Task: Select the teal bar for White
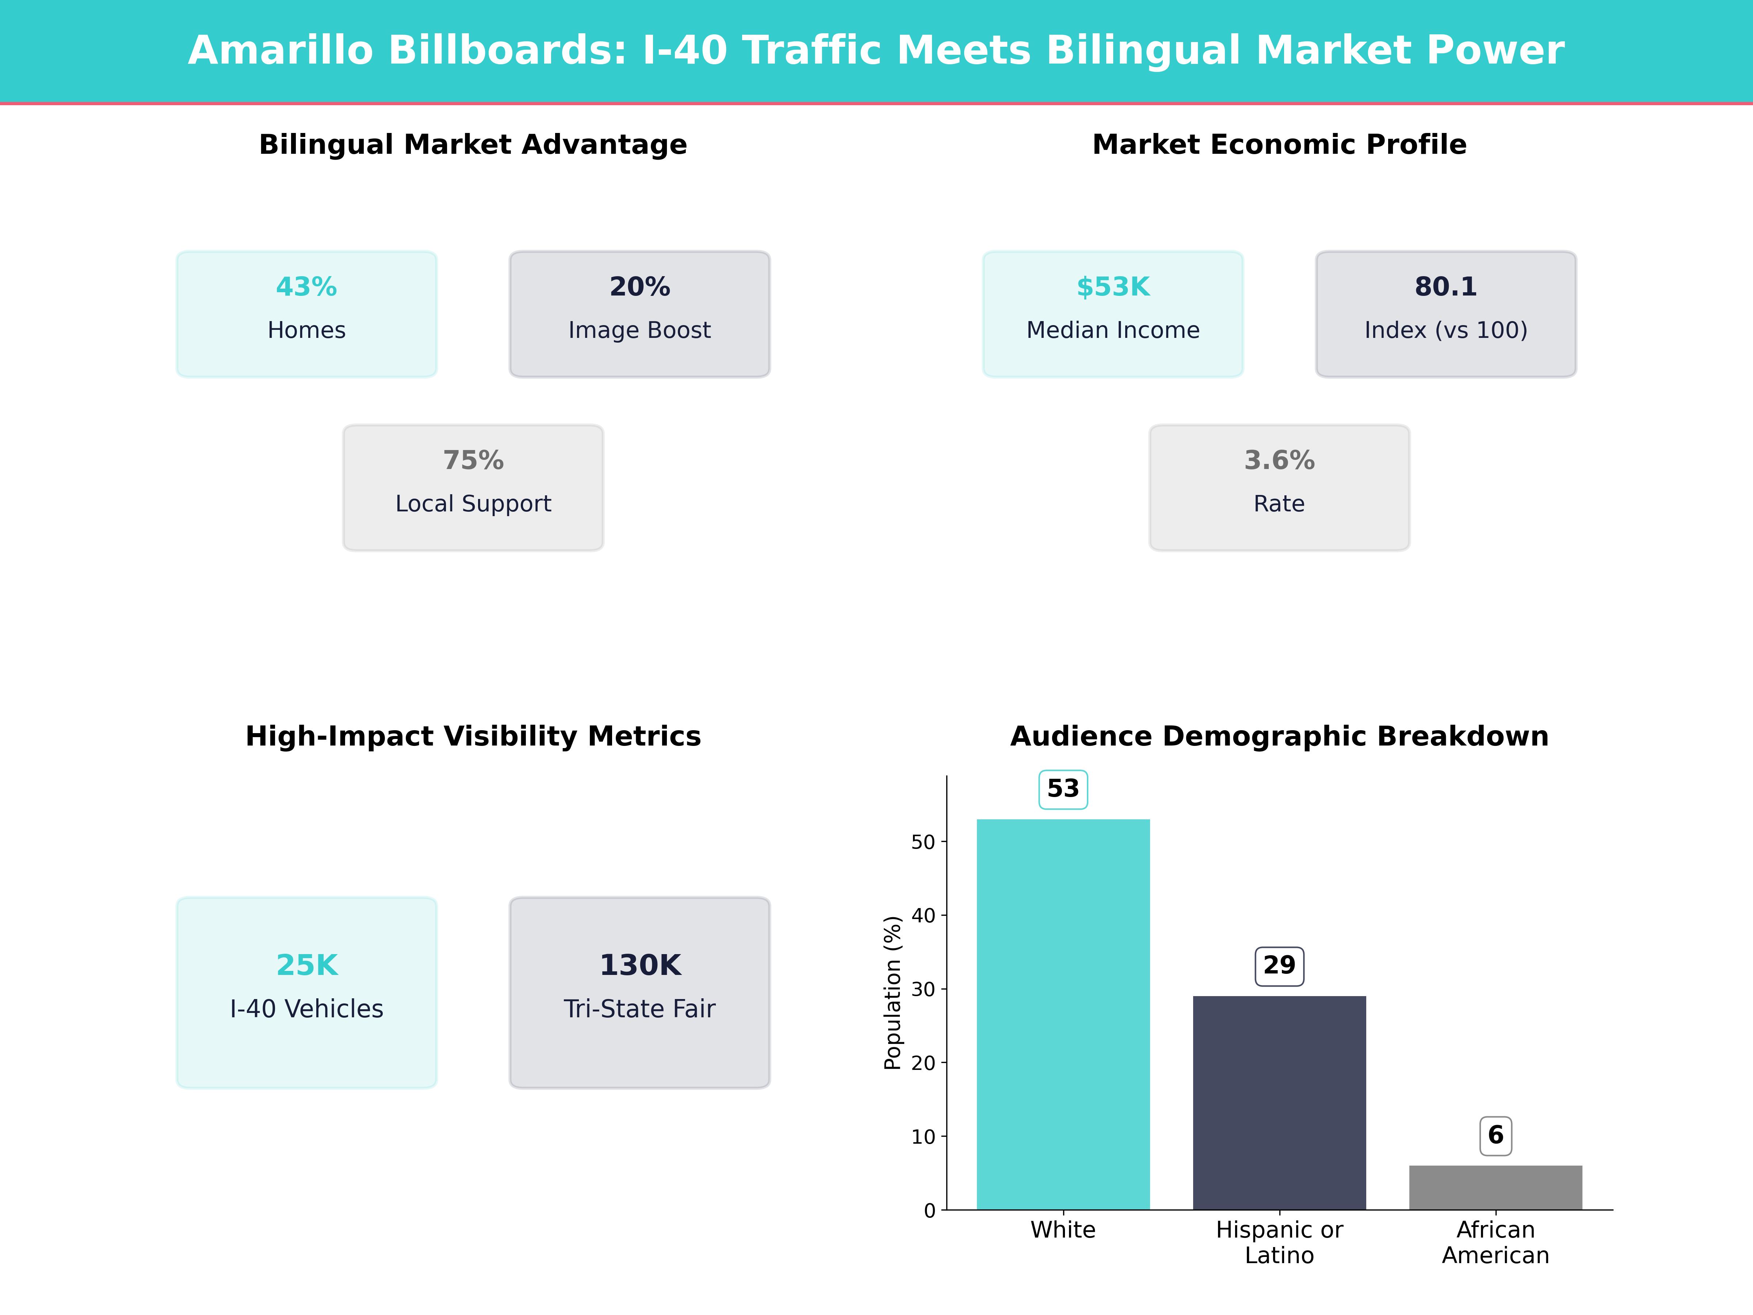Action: click(x=1063, y=1015)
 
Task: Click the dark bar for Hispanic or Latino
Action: click(x=1279, y=1102)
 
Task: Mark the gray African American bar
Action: click(x=1496, y=1188)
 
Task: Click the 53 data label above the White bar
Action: click(x=1063, y=789)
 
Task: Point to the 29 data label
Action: click(x=1279, y=965)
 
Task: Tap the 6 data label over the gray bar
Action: click(x=1496, y=1135)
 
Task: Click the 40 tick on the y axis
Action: click(x=923, y=915)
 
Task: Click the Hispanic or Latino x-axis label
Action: click(x=1279, y=1242)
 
